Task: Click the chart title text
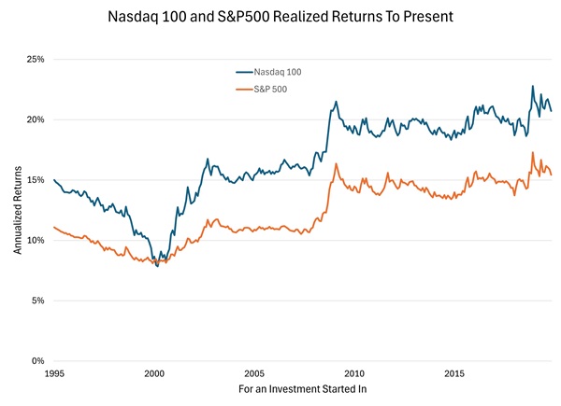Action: [280, 17]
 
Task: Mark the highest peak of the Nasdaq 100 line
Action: [533, 86]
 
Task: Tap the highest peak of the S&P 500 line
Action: [533, 152]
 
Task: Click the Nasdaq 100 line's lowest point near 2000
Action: [157, 266]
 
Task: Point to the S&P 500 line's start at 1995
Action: [54, 227]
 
